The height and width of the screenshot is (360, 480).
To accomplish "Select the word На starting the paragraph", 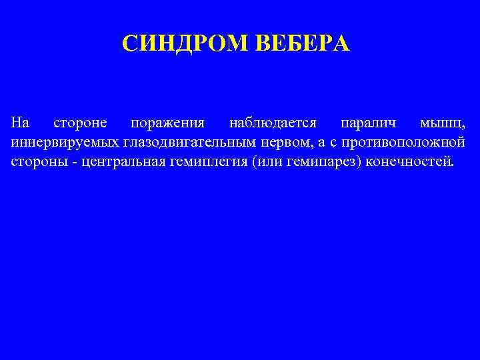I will click(21, 123).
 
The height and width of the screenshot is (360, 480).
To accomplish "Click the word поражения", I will click(168, 125).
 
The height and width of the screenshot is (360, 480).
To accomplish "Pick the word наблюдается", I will click(273, 123).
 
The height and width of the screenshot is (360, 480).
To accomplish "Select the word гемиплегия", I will click(212, 162).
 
